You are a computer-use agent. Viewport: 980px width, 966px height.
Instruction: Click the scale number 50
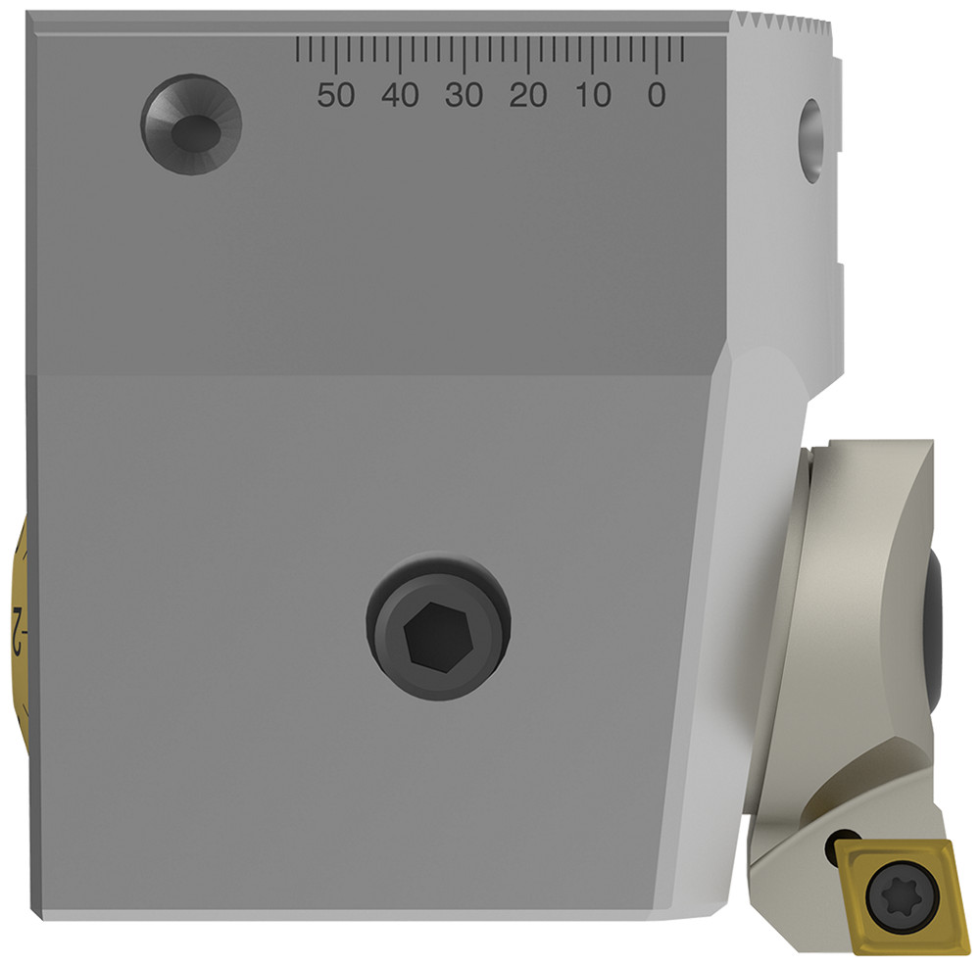(336, 95)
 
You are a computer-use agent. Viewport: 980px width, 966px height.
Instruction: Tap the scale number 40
(400, 95)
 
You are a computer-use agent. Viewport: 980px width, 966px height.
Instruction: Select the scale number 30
(465, 95)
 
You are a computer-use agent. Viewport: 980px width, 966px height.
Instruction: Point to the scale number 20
(528, 95)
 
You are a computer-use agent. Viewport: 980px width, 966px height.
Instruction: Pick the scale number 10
(593, 95)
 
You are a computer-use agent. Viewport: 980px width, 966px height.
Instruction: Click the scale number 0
(657, 95)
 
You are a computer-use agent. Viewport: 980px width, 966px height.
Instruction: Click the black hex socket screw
(440, 627)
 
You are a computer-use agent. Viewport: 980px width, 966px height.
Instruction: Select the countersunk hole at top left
(191, 125)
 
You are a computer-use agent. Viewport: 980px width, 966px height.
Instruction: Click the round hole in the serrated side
(811, 139)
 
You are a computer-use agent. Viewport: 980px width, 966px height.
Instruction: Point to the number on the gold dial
(17, 619)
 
